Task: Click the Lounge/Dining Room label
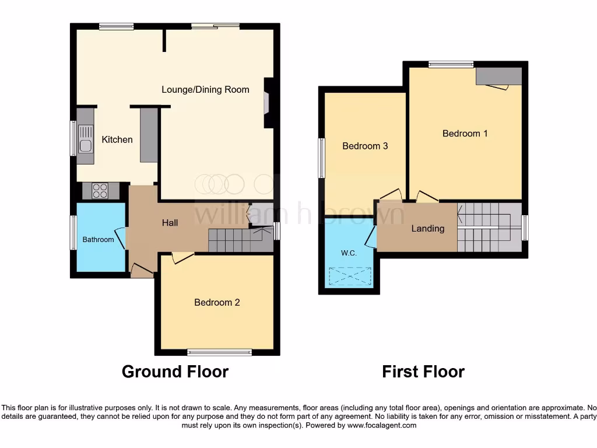click(205, 89)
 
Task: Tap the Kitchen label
click(117, 139)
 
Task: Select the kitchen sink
click(85, 145)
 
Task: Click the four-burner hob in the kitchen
click(100, 190)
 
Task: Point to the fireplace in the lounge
click(267, 103)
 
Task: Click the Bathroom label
click(98, 239)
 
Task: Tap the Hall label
click(170, 222)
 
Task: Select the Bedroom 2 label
click(217, 302)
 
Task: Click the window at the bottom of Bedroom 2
click(219, 352)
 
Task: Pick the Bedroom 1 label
click(465, 133)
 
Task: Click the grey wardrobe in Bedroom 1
click(498, 76)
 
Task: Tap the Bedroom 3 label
click(365, 146)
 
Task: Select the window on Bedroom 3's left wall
click(321, 158)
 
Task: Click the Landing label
click(428, 229)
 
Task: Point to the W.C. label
click(349, 253)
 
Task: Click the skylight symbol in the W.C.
click(350, 276)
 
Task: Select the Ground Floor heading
click(175, 371)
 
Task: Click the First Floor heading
click(423, 371)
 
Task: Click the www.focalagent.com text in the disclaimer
click(382, 425)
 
